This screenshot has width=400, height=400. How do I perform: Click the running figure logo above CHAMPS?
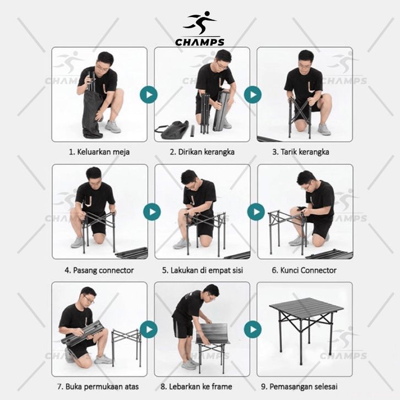click(x=200, y=23)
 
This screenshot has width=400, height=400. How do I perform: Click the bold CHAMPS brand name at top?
click(x=200, y=42)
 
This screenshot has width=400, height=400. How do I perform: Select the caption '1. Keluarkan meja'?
click(x=99, y=152)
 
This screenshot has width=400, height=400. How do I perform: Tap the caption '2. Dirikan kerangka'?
click(x=202, y=152)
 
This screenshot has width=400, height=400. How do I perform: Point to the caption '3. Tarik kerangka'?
click(x=301, y=152)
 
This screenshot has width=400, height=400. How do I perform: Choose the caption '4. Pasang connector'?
click(x=99, y=271)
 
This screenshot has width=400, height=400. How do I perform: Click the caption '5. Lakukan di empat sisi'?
click(x=202, y=271)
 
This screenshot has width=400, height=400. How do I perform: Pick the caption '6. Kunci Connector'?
click(x=304, y=271)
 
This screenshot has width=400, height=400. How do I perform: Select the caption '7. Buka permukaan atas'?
click(x=98, y=386)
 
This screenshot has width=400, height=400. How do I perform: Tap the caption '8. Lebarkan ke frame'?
click(x=197, y=386)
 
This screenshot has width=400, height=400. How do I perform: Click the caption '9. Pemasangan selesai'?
click(x=299, y=386)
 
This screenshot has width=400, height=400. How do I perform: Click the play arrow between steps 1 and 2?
click(x=149, y=95)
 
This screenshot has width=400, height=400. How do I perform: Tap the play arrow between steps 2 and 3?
click(x=253, y=95)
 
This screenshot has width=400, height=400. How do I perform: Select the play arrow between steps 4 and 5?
click(x=152, y=212)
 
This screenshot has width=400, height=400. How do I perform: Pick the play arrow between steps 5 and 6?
click(x=256, y=212)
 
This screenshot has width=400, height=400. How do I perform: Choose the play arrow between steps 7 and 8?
click(x=149, y=329)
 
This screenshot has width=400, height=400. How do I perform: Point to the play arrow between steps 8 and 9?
click(x=253, y=329)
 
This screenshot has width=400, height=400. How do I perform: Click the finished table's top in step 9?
click(x=307, y=307)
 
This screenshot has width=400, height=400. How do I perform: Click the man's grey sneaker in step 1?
click(x=112, y=127)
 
